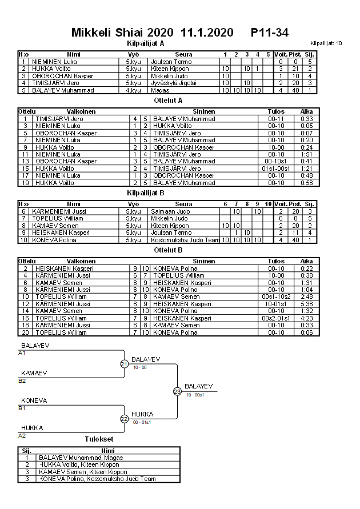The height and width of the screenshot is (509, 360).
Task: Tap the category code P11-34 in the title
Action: point(269,33)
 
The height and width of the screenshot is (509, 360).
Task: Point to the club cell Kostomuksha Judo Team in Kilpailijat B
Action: point(185,239)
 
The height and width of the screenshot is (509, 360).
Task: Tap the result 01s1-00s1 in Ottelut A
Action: point(276,169)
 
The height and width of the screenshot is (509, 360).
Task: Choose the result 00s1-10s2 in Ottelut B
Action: point(276,296)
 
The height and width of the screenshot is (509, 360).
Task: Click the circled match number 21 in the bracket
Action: point(125,364)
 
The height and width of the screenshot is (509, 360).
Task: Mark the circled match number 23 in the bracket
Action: point(177,391)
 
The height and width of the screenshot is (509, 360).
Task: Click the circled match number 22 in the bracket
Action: point(125,419)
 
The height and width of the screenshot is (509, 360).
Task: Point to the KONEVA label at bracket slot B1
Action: point(34,400)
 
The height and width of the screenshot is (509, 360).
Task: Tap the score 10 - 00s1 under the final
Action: point(195,395)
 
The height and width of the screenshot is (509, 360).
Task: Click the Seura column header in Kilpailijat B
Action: point(183,204)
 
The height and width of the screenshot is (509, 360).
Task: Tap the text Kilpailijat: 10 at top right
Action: point(326,43)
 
